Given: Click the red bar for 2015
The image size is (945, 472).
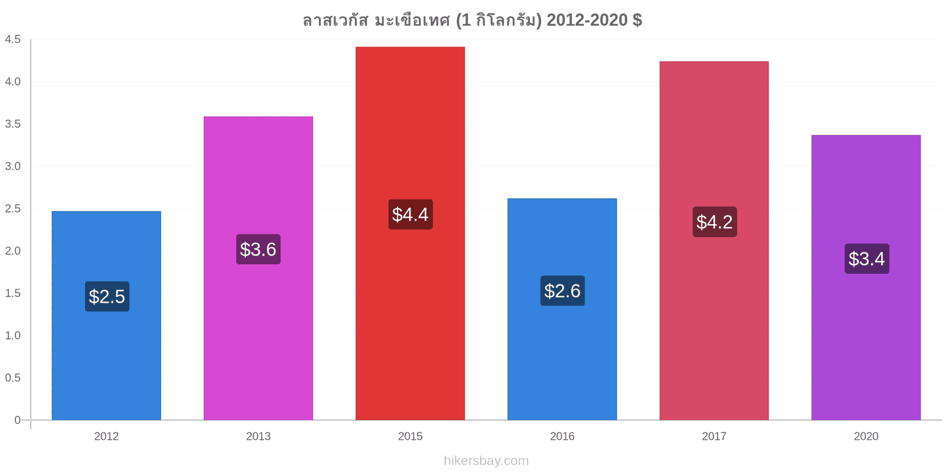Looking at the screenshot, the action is pos(410,233).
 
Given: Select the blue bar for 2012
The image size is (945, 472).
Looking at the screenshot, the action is pos(106,315).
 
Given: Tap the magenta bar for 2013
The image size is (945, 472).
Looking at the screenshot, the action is pos(258,268).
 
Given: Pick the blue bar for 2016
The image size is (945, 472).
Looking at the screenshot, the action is pos(562,309).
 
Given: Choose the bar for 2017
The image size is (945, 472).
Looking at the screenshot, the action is pos(714,241).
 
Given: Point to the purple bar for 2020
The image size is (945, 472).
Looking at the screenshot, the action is pos(866,277).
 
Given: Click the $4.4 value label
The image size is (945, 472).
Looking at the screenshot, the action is pos(410,215).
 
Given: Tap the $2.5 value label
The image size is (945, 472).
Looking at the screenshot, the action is pos(107,296).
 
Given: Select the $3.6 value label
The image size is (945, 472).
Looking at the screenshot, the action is pos(258,249).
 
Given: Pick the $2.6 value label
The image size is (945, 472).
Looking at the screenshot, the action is pos(562,291).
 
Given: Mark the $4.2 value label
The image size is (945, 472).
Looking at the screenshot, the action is pos(715,222).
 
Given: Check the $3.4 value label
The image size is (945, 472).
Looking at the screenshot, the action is pos(866,259).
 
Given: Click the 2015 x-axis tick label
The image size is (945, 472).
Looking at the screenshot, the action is pos(410,436).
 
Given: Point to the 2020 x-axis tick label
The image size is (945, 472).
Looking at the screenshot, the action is pos(866,436).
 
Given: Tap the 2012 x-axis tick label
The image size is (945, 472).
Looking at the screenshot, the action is pos(106,436).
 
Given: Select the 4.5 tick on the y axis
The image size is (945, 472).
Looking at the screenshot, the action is pos(12,39).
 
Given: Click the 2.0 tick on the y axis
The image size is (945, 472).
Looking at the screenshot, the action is pos(12,251).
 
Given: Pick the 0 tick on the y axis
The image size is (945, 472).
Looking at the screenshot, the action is pos(17,419).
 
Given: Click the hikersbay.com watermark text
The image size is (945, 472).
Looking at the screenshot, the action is pos(486,461).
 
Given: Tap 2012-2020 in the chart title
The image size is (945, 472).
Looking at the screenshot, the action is pos(587,20).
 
